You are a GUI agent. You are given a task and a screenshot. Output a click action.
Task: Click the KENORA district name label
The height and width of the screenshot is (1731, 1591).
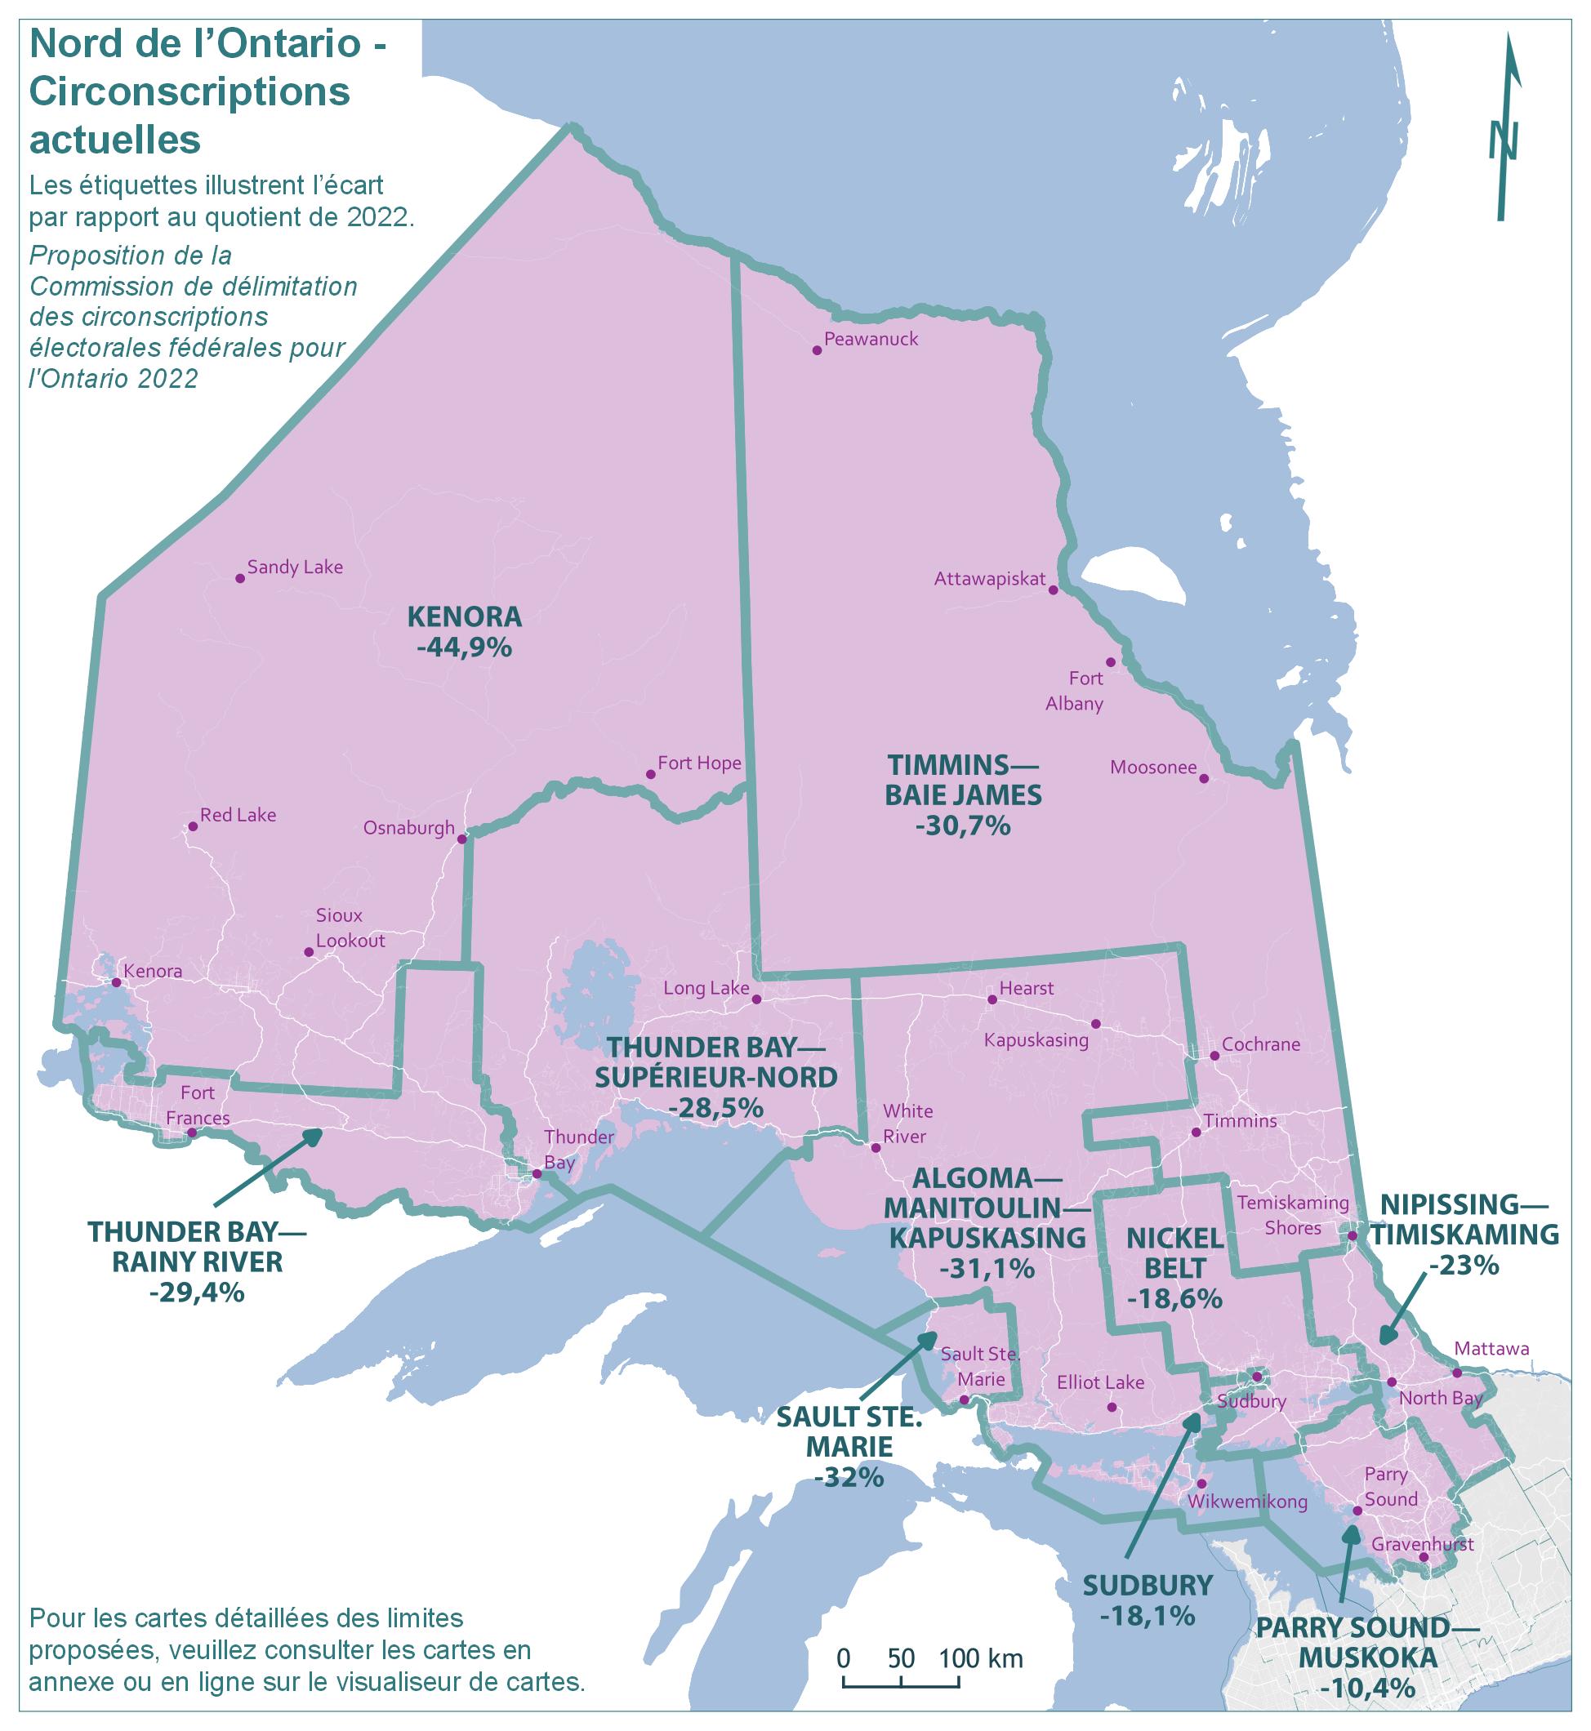tap(464, 616)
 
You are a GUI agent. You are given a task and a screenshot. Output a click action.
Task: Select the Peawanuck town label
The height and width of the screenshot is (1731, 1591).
tap(871, 339)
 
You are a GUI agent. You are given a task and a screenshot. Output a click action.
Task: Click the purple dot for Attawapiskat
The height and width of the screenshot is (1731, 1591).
tap(1052, 590)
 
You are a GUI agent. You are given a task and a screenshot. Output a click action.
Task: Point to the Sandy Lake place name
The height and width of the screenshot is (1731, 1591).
tap(295, 567)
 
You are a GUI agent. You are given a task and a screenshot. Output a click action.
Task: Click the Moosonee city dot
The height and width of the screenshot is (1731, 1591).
tap(1204, 778)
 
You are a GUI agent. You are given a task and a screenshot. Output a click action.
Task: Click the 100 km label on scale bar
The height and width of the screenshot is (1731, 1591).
tap(980, 1658)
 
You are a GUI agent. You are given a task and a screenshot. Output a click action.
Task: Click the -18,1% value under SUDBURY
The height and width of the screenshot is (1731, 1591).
tap(1148, 1616)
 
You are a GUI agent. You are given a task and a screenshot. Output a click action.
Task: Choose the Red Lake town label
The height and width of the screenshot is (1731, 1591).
tap(238, 815)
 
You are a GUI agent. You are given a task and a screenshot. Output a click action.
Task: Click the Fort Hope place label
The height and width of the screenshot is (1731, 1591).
tap(699, 763)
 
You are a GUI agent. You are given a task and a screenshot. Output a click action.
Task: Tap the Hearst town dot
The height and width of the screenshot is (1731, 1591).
tap(992, 999)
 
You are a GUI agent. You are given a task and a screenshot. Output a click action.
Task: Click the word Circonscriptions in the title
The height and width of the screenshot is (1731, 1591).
tap(189, 92)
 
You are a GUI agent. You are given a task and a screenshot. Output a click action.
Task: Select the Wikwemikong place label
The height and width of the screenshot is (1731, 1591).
tap(1246, 1502)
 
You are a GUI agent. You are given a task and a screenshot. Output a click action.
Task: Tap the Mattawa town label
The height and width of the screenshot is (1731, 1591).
tap(1491, 1349)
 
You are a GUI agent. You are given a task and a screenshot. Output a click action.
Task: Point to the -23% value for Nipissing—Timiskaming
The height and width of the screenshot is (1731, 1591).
tap(1464, 1266)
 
